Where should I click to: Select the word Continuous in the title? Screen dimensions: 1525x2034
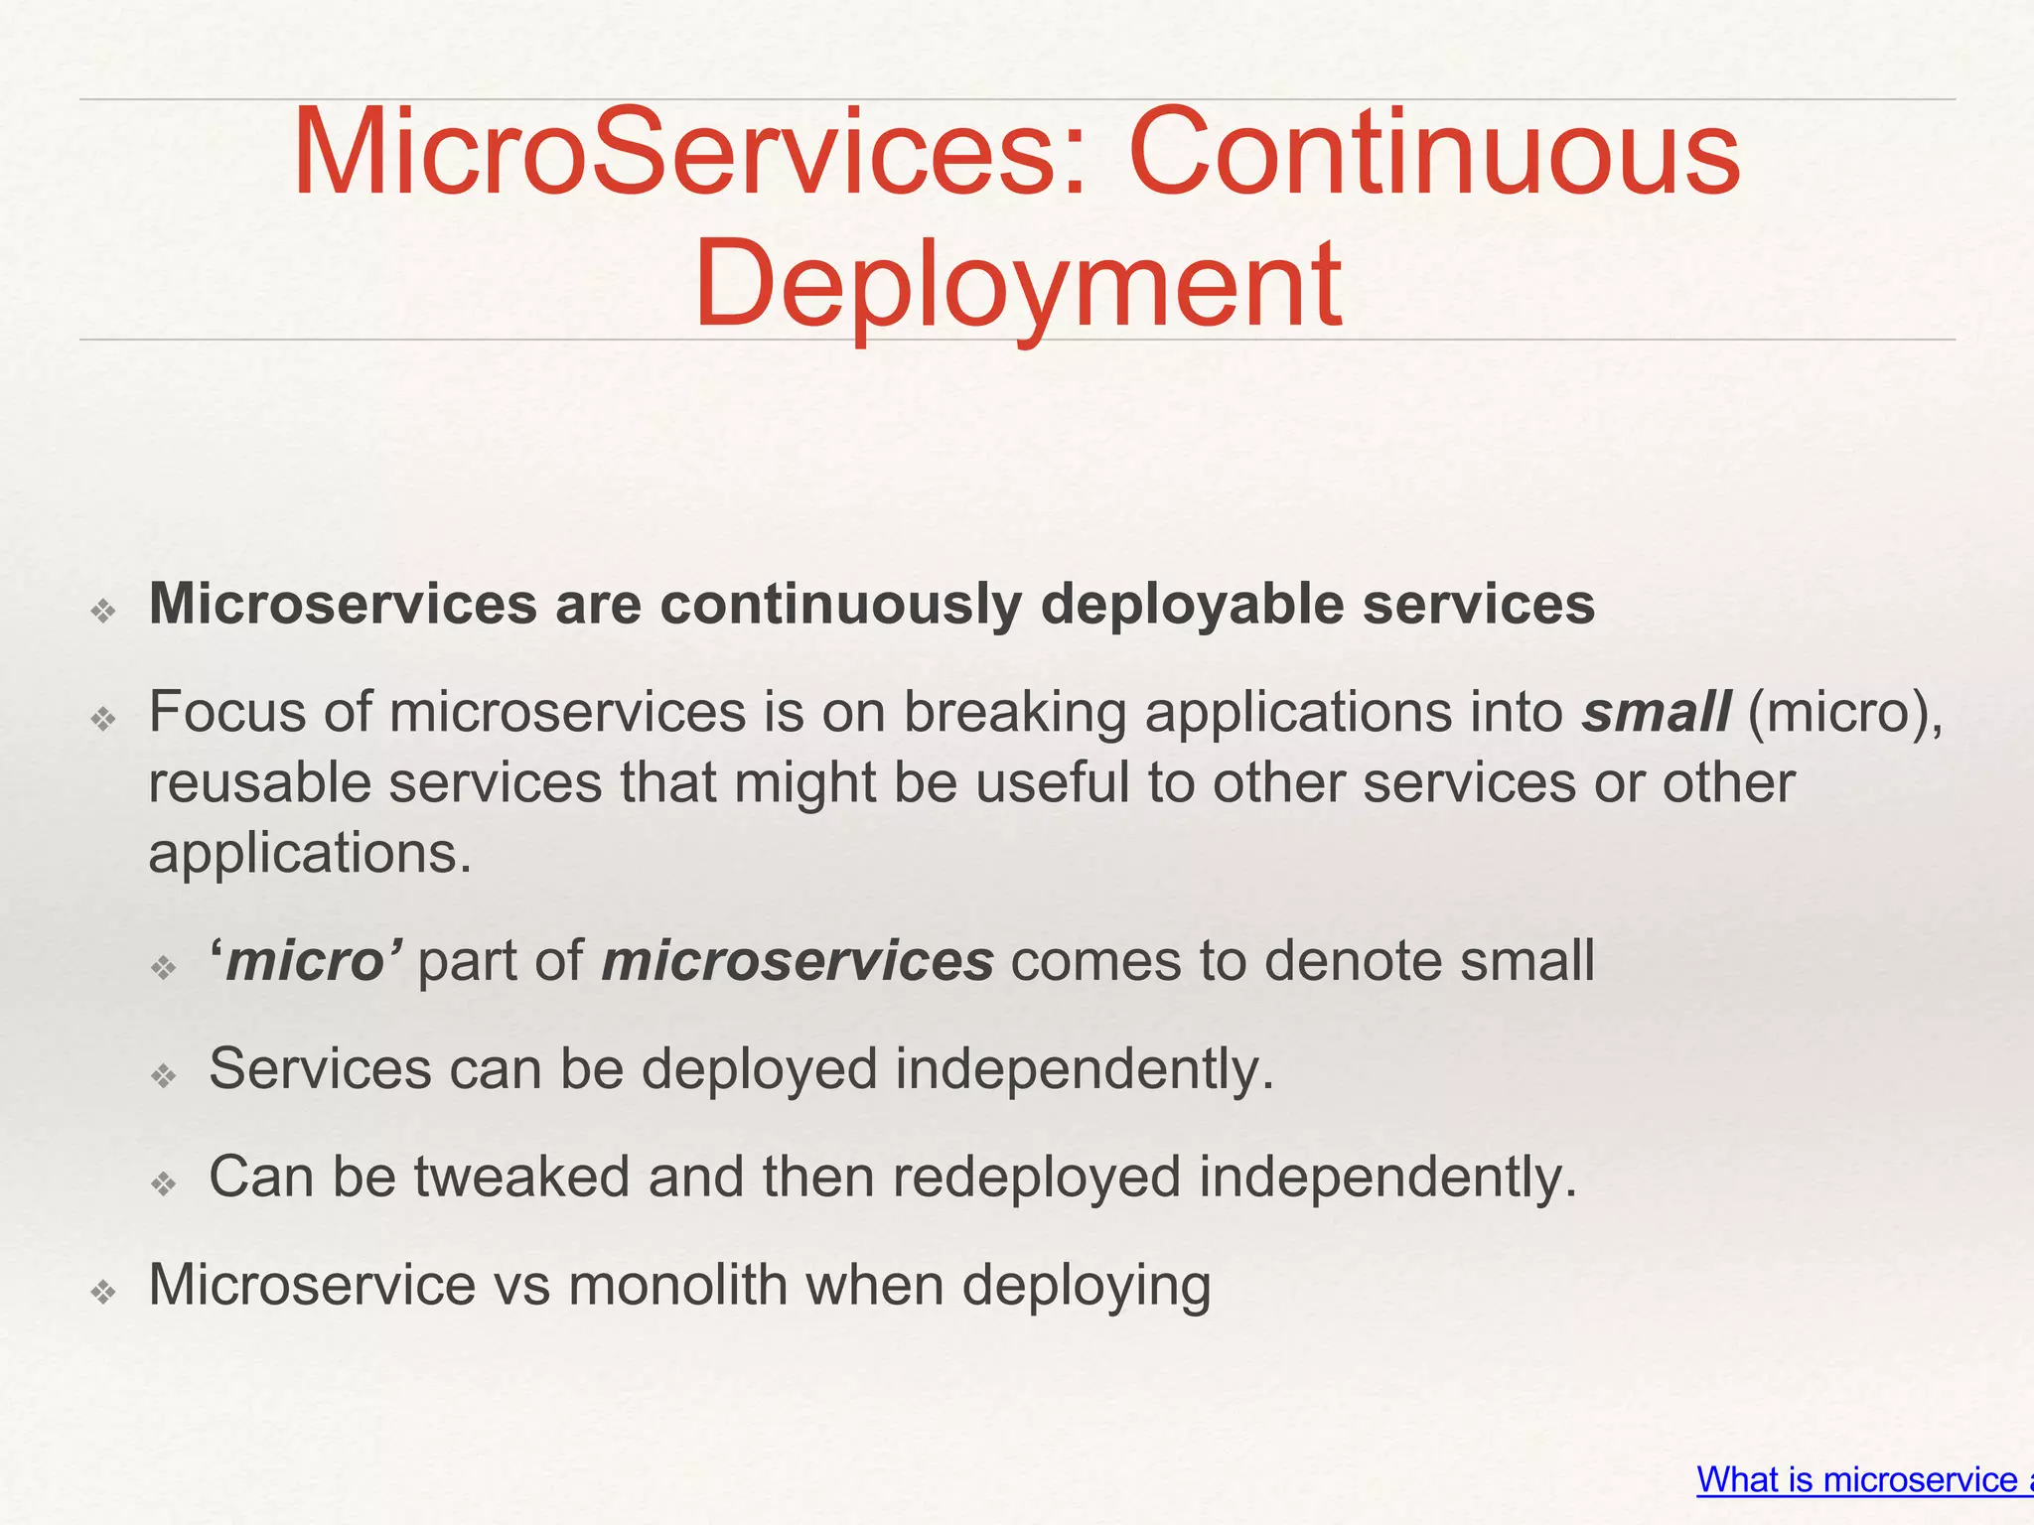pos(1434,154)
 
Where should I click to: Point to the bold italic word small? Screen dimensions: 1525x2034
pos(1656,712)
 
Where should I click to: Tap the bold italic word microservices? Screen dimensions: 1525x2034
pos(798,961)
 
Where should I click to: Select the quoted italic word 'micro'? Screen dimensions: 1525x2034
pos(305,961)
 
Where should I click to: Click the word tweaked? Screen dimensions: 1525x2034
pos(522,1177)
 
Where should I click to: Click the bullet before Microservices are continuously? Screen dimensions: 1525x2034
pos(103,611)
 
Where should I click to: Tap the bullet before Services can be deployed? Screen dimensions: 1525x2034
pos(164,1075)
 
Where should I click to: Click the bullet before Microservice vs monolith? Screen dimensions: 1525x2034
pos(103,1292)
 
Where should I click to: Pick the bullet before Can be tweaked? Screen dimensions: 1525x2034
pos(164,1183)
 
